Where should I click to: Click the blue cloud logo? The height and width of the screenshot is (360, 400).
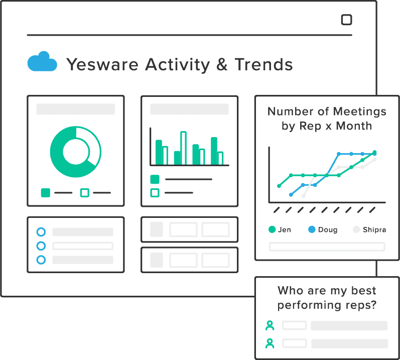[42, 62]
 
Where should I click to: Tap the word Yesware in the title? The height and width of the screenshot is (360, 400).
[102, 65]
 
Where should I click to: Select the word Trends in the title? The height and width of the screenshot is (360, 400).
[263, 64]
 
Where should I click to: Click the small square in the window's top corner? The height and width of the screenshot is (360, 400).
[346, 20]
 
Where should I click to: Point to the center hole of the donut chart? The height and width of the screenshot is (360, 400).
[76, 152]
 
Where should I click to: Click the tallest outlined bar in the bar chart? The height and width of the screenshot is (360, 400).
[183, 148]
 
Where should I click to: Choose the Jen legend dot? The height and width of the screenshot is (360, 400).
[272, 229]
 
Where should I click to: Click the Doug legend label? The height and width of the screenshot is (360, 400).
[328, 229]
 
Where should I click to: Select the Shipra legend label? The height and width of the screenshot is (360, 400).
[374, 229]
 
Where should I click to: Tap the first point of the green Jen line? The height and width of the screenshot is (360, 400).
[279, 186]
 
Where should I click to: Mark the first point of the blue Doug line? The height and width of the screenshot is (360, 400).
[291, 195]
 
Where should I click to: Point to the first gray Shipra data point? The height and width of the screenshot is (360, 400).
[303, 196]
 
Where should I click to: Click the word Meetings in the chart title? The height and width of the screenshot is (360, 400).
[359, 112]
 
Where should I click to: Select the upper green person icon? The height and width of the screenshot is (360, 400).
[270, 325]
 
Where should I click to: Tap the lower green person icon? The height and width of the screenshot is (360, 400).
[270, 343]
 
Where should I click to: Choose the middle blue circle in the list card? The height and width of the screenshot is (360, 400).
[41, 246]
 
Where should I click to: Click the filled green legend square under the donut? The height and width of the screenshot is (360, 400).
[46, 193]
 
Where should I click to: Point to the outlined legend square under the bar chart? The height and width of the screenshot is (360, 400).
[155, 193]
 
